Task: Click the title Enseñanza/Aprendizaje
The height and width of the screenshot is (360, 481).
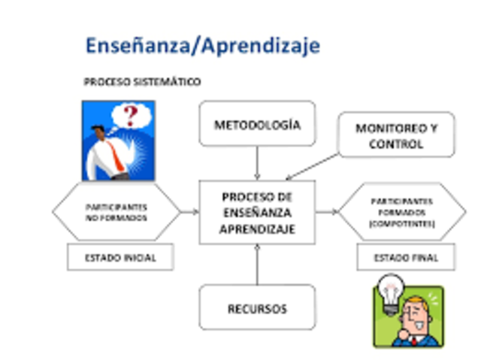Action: click(x=202, y=46)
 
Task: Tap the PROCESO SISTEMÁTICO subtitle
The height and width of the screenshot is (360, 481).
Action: click(x=142, y=81)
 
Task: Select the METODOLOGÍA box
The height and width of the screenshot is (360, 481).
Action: click(x=257, y=124)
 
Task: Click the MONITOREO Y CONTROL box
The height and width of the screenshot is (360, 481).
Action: click(x=396, y=135)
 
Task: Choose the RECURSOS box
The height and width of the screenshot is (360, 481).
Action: click(x=257, y=308)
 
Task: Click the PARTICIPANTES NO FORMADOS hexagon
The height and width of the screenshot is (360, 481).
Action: click(x=116, y=212)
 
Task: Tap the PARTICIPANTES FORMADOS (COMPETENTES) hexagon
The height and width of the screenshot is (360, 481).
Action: click(x=401, y=213)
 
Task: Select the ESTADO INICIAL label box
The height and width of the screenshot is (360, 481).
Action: click(x=120, y=257)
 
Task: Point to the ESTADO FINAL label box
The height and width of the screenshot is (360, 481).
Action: click(x=405, y=258)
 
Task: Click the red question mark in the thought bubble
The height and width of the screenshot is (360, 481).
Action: click(x=132, y=115)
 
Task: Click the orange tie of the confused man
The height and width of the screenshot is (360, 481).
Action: click(x=113, y=154)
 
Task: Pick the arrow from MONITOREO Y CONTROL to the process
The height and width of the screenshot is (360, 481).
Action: click(x=312, y=166)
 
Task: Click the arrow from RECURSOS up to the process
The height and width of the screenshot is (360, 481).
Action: click(x=257, y=265)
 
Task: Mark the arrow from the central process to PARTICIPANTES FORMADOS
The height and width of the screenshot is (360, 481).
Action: click(x=326, y=212)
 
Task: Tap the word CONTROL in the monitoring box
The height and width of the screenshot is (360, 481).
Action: click(x=396, y=144)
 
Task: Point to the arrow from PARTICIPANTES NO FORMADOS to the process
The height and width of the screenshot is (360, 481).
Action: click(x=189, y=212)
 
